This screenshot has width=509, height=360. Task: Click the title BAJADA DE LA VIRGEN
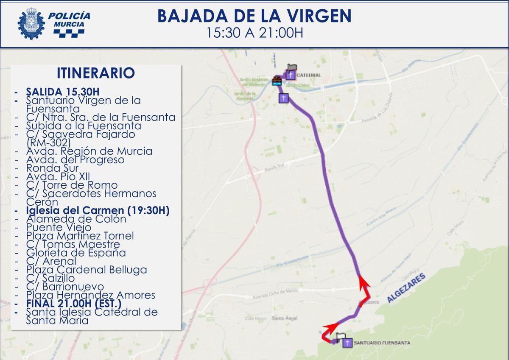254,16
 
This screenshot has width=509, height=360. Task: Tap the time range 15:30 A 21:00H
254,33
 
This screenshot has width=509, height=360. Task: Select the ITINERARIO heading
95,73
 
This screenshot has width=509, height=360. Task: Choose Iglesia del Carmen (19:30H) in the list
98,210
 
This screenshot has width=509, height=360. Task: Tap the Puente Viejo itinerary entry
58,227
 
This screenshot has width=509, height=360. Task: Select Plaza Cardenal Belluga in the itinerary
86,270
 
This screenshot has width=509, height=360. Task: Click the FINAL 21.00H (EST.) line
73,304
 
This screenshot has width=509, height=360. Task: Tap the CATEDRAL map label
309,75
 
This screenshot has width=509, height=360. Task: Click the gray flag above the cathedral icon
292,67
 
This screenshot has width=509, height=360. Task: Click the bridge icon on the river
277,81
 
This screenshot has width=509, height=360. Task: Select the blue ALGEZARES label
406,288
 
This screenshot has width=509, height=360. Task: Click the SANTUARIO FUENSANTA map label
381,343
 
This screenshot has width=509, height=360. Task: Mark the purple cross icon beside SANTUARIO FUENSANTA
347,343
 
